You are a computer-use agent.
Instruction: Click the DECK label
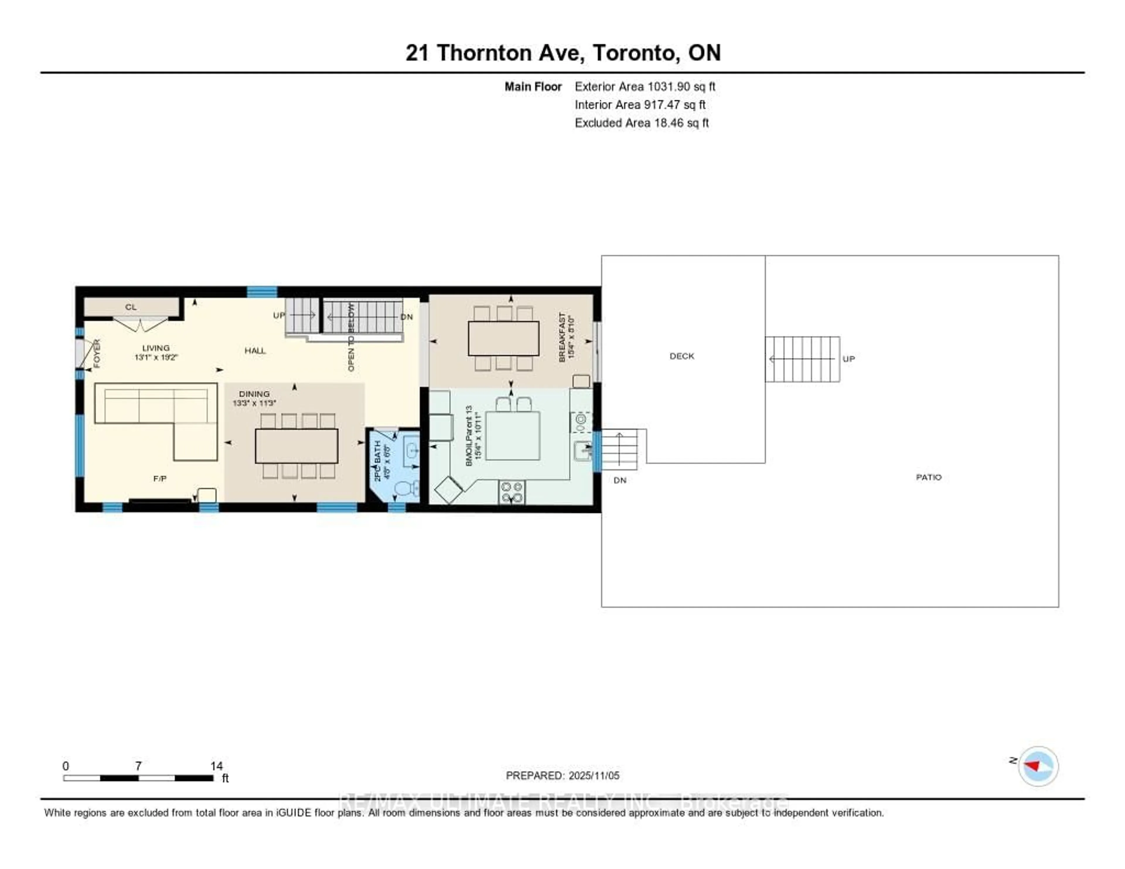point(681,356)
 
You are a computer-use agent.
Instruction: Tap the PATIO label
point(928,477)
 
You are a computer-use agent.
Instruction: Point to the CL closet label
point(131,307)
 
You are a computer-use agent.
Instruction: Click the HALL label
point(255,351)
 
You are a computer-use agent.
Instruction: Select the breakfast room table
point(503,338)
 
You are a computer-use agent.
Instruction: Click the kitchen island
point(512,436)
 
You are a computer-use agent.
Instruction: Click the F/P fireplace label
point(160,478)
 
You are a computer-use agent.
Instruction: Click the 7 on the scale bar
point(138,766)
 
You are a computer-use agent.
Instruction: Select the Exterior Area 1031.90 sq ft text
point(645,86)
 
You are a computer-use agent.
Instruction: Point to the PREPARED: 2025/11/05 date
point(562,775)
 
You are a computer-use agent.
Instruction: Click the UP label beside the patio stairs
point(848,359)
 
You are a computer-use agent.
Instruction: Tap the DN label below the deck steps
point(620,480)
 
